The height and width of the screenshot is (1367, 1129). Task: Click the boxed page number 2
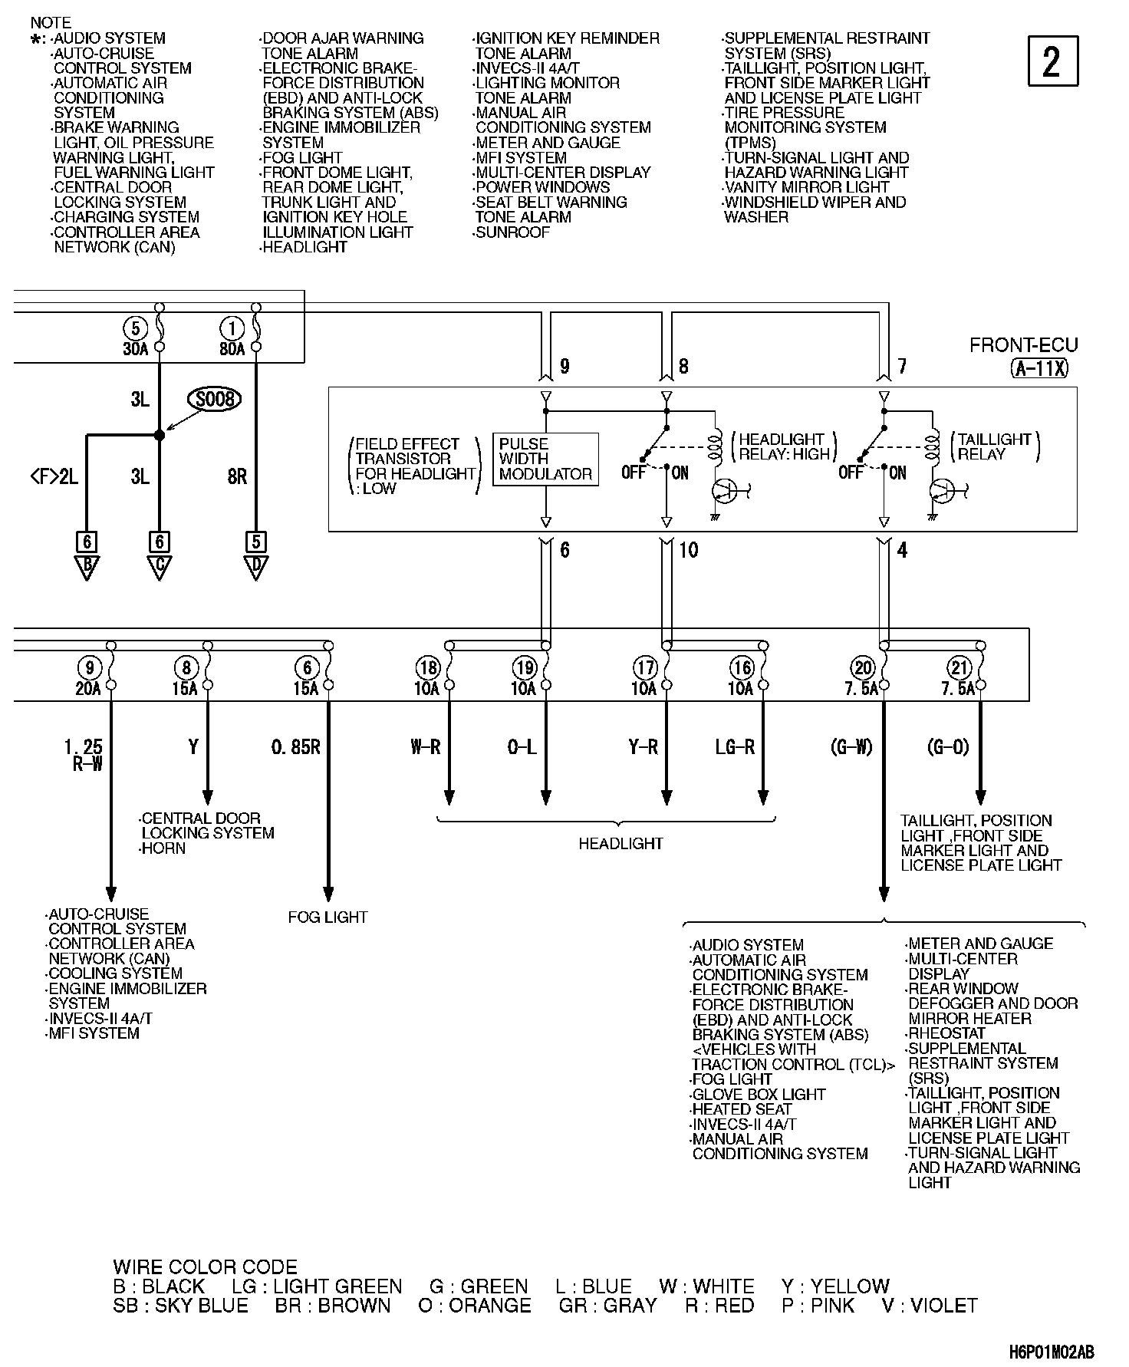pyautogui.click(x=1052, y=61)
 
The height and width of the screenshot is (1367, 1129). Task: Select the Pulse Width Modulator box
pyautogui.click(x=545, y=459)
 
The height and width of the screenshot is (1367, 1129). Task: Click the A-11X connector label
pyautogui.click(x=1039, y=368)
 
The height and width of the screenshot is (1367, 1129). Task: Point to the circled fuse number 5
pyautogui.click(x=135, y=329)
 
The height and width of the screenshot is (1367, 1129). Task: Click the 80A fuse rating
pyautogui.click(x=232, y=349)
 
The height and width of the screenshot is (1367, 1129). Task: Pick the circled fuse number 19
pyautogui.click(x=525, y=667)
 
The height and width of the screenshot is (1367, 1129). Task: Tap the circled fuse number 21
pyautogui.click(x=959, y=667)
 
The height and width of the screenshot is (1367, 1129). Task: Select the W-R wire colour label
pyautogui.click(x=426, y=746)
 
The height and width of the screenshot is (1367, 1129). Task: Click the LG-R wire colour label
pyautogui.click(x=735, y=746)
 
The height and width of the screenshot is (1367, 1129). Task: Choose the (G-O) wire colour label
pyautogui.click(x=948, y=746)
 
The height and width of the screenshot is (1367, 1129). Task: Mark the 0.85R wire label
pyautogui.click(x=295, y=746)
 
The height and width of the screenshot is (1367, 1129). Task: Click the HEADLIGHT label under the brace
pyautogui.click(x=620, y=844)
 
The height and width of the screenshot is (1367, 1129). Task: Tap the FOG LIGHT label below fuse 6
pyautogui.click(x=328, y=917)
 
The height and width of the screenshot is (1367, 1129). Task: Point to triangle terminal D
pyautogui.click(x=255, y=568)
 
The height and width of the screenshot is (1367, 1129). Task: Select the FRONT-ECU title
pyautogui.click(x=1023, y=345)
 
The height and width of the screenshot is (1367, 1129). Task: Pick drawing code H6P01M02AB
pyautogui.click(x=1052, y=1351)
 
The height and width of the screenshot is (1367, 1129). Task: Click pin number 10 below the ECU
pyautogui.click(x=689, y=550)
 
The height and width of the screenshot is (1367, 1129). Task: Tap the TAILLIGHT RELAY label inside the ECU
pyautogui.click(x=994, y=446)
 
